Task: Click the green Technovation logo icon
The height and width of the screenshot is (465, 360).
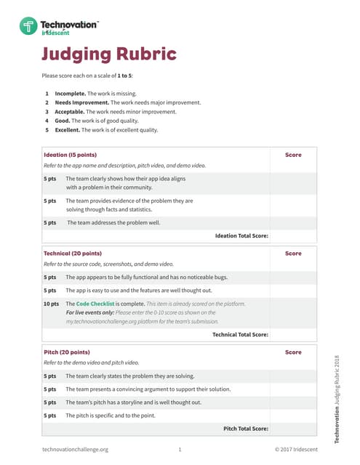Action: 28,28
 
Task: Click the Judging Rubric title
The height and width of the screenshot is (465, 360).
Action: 108,54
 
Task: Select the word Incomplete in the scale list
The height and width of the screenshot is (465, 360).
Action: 70,94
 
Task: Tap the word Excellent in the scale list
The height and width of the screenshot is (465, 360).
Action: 68,131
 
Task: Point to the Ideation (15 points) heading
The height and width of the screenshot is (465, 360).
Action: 70,155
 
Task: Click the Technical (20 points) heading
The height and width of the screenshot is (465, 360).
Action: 73,254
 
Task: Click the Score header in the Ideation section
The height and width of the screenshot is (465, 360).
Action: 293,155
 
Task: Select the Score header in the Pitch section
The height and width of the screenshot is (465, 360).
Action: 293,352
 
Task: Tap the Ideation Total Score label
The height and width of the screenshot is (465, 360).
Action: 241,235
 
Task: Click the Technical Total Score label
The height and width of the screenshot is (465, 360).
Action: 240,334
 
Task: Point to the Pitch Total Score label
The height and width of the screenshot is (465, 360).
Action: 245,429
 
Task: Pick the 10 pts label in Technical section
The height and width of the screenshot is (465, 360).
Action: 51,304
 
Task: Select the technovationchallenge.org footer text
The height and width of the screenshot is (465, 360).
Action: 75,450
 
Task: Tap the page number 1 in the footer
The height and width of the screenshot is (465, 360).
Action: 180,450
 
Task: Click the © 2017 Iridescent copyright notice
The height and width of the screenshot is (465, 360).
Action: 296,450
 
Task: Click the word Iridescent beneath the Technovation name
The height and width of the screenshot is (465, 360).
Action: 55,33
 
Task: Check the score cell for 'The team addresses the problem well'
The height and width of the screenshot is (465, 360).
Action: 293,222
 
